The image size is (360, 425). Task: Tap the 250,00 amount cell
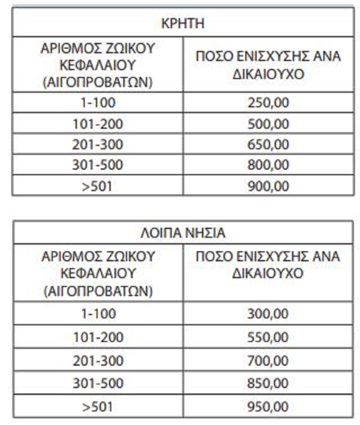[268, 103]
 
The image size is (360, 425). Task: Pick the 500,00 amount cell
[268, 124]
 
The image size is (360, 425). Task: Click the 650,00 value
[268, 144]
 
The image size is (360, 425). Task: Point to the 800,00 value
[268, 165]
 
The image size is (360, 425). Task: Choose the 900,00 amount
[268, 186]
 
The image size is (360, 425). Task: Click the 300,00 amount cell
[268, 313]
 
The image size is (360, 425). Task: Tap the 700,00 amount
[268, 360]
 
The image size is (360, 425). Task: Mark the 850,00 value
[268, 383]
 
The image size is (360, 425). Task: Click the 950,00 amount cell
[268, 406]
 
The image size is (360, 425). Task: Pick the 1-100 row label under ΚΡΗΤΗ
[98, 103]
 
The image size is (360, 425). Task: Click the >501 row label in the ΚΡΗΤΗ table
[98, 186]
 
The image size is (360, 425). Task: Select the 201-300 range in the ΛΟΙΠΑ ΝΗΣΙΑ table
[98, 360]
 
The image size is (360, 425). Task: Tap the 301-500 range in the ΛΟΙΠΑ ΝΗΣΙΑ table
[98, 383]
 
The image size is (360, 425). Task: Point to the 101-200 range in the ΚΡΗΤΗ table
[98, 124]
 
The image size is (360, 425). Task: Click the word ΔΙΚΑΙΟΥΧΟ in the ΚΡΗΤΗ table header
[268, 73]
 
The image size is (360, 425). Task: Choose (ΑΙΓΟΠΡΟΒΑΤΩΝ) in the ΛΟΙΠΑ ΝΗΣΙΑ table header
[98, 291]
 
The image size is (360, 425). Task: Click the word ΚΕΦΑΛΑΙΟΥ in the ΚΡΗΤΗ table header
[98, 66]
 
